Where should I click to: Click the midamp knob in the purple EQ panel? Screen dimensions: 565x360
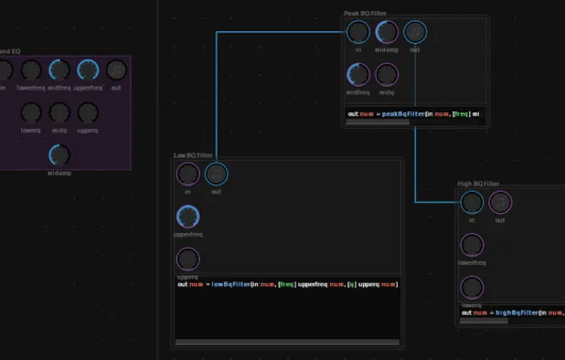59,154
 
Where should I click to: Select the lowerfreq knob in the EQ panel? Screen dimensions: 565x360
31,69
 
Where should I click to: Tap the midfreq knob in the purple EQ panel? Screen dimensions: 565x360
59,69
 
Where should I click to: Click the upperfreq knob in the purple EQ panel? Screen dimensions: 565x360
88,69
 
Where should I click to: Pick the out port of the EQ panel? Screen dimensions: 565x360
116,69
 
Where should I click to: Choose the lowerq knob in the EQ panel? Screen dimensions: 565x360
31,112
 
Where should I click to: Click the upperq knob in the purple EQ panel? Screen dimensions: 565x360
88,112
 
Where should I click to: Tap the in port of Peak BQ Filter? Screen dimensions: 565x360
358,32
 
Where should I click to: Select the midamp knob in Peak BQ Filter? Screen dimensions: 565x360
387,32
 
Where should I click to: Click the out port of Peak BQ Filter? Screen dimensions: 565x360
415,32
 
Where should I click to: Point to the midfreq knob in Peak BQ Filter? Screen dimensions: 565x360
358,74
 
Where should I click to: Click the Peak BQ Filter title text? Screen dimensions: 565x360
364,13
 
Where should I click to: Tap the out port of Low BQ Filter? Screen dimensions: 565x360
217,174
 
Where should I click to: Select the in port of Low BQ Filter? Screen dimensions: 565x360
187,174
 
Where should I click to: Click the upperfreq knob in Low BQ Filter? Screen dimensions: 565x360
187,217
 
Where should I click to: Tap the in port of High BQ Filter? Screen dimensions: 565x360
472,202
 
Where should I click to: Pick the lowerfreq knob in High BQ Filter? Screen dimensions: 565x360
472,245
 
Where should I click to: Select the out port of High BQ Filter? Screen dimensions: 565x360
500,202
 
